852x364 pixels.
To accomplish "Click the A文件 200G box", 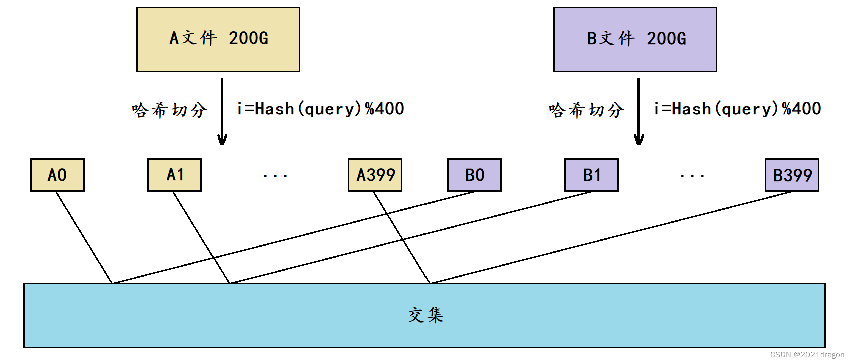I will tap(218, 39).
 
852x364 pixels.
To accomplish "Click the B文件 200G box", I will tap(635, 39).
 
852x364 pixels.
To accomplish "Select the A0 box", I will tap(57, 175).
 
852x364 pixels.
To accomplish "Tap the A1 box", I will tap(174, 175).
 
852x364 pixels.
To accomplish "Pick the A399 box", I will tap(375, 175).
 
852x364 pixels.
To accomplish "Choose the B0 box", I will tap(474, 175).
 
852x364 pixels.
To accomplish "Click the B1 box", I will tap(591, 175).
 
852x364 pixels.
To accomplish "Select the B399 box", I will tap(792, 175).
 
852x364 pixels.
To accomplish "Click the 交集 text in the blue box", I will tap(425, 315).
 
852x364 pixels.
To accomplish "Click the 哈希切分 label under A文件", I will tap(169, 110).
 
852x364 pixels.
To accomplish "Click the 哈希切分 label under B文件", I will tap(586, 110).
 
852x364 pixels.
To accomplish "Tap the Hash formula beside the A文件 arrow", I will tap(320, 109).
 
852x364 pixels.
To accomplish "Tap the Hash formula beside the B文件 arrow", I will tap(737, 109).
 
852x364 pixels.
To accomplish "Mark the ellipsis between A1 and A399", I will tap(275, 176).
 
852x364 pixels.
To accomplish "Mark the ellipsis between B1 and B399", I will tap(692, 176).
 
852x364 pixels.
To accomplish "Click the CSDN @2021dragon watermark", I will tap(807, 355).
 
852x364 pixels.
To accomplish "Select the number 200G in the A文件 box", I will tap(249, 38).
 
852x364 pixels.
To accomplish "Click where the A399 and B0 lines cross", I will tap(387, 214).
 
